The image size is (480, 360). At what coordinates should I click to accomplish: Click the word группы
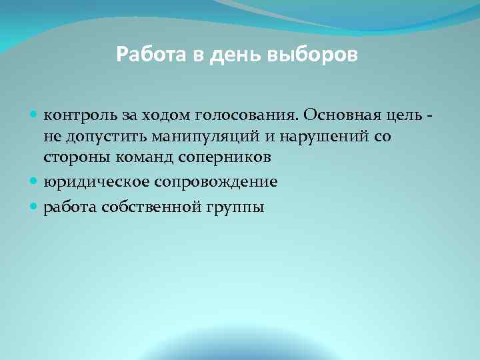coord(236,207)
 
